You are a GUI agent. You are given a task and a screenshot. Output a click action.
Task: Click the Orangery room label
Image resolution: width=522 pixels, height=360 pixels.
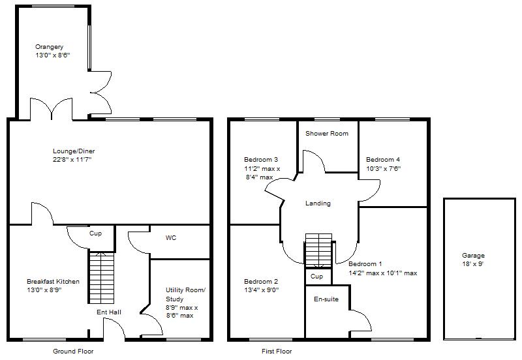(x=50, y=47)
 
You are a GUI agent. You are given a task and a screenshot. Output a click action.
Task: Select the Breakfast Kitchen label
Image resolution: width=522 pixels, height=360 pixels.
(x=53, y=282)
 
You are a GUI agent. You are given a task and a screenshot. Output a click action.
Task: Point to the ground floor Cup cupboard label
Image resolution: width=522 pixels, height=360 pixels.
(x=96, y=233)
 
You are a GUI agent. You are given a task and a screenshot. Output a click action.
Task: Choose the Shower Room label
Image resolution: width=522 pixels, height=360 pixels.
(x=327, y=134)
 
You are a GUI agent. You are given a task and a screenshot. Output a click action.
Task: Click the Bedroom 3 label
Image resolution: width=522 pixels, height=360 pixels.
(x=261, y=160)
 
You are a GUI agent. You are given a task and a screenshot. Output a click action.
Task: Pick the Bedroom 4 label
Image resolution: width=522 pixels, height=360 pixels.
(x=383, y=160)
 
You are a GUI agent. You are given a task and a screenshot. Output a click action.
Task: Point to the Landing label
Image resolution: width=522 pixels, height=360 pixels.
(x=318, y=203)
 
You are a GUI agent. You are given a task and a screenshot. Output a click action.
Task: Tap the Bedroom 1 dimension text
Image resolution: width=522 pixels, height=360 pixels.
(x=382, y=273)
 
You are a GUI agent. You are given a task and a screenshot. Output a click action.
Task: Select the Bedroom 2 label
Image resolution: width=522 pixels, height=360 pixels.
(x=261, y=282)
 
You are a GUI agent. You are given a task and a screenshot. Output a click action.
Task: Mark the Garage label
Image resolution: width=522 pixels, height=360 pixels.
(x=473, y=256)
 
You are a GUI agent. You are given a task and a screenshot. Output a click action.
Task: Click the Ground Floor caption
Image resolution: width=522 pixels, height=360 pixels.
(x=73, y=351)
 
